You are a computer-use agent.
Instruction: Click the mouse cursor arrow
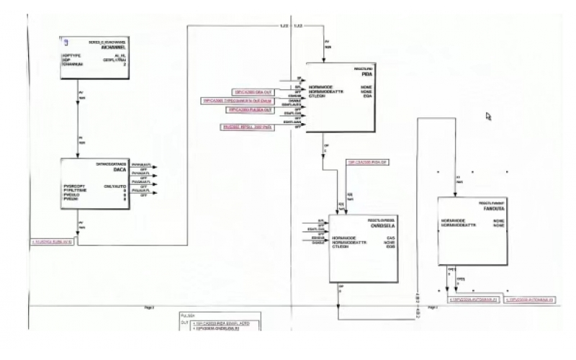[x=489, y=116]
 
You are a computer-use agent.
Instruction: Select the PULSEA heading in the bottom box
[x=189, y=315]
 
